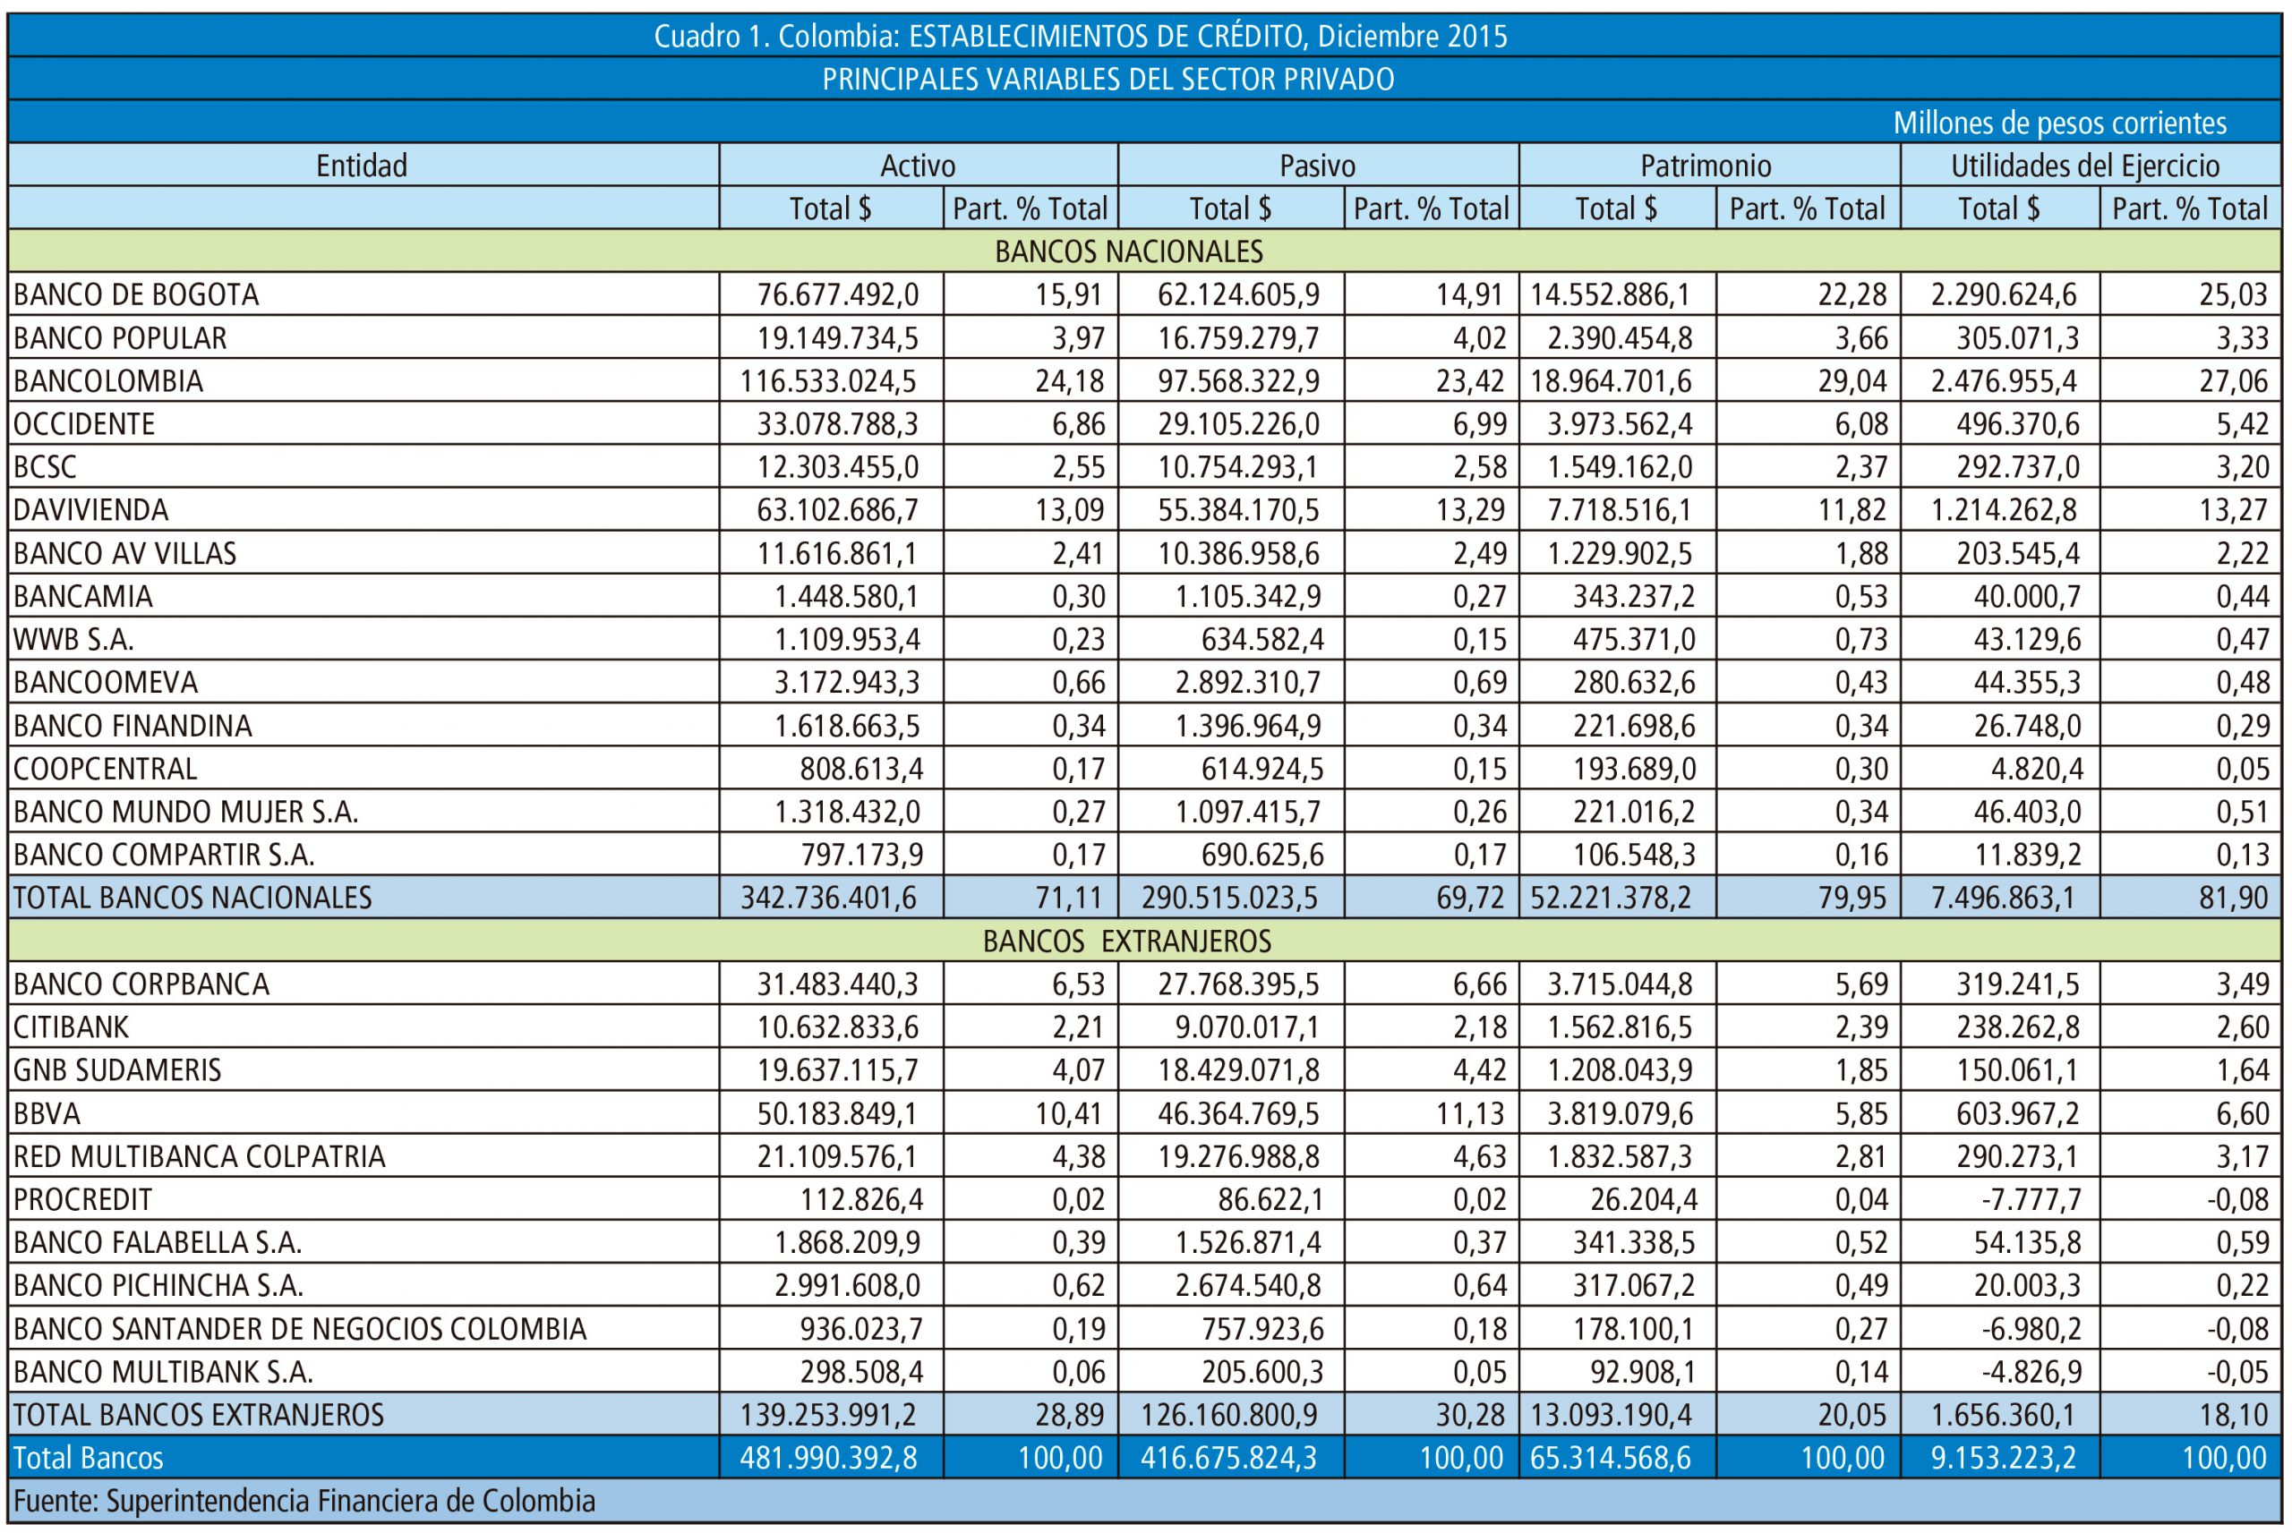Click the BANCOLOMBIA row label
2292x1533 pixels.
click(108, 380)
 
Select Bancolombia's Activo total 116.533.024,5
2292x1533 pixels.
click(829, 380)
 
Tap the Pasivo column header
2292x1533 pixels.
click(1317, 166)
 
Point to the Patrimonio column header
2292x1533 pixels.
click(1706, 166)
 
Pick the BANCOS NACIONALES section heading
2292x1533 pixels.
click(1128, 251)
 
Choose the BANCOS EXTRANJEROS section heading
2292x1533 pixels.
click(1126, 941)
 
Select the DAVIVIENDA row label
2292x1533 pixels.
click(91, 509)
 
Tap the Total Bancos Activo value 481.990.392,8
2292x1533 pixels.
click(828, 1458)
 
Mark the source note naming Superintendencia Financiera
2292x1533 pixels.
click(304, 1501)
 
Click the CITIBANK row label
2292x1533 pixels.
click(72, 1026)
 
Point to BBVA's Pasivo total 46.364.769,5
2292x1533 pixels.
click(1238, 1112)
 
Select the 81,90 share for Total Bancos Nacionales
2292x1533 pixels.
click(2233, 898)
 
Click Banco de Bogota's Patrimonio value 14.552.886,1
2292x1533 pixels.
click(1611, 294)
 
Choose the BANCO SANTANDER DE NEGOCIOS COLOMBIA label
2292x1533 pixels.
click(300, 1329)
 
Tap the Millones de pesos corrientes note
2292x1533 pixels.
click(2060, 123)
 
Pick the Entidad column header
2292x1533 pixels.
click(362, 166)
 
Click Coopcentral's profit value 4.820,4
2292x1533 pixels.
click(2037, 769)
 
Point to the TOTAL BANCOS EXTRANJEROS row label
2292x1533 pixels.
click(199, 1415)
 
